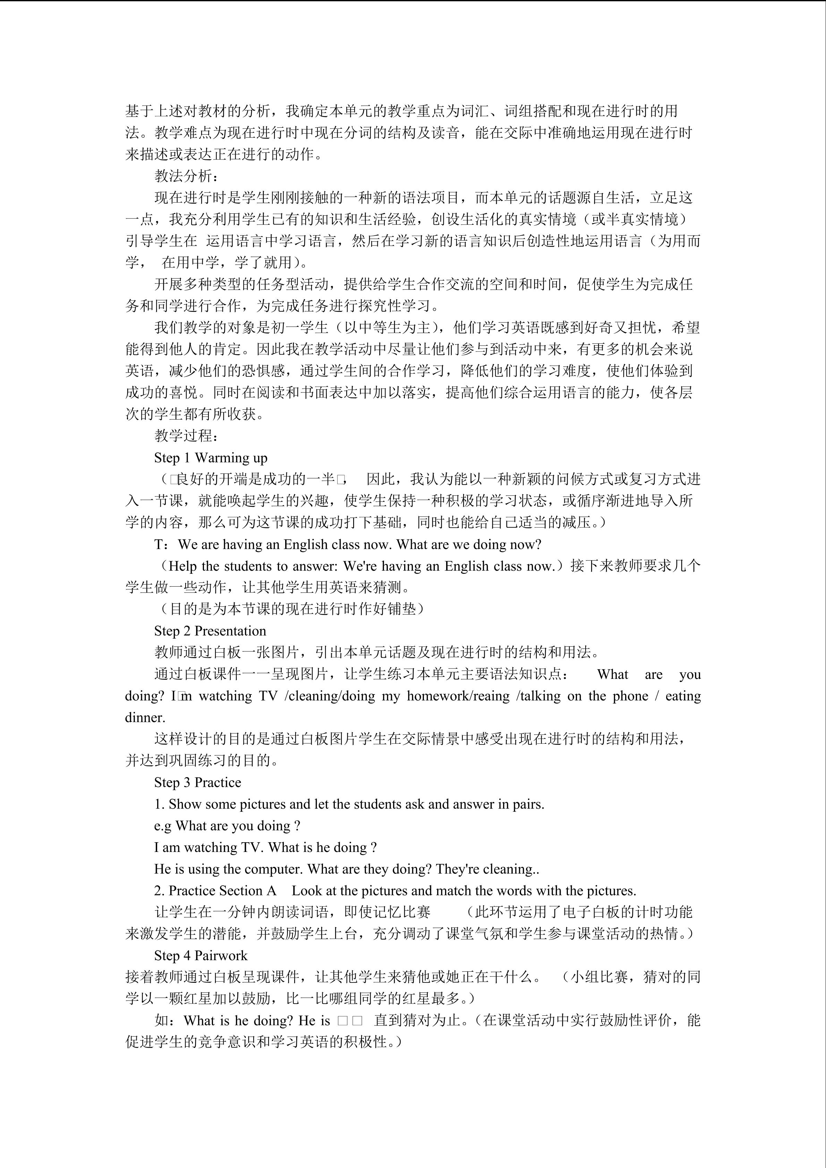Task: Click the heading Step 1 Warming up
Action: (x=211, y=458)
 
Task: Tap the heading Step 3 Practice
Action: (x=197, y=782)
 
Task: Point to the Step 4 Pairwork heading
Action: (x=201, y=955)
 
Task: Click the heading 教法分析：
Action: (x=187, y=176)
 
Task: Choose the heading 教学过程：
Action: (x=187, y=436)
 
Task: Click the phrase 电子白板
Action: (x=591, y=912)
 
